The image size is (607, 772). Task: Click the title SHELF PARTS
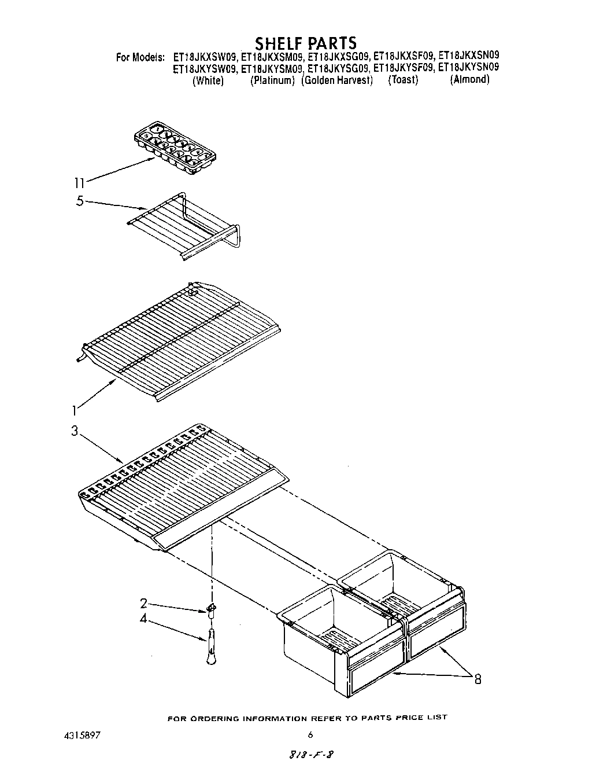[x=306, y=43]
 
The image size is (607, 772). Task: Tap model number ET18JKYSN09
[x=468, y=68]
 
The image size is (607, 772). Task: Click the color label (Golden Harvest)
[x=337, y=80]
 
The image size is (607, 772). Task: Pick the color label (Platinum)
[x=272, y=80]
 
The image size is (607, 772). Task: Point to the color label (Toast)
[x=403, y=80]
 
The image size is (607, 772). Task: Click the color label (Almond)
[x=469, y=80]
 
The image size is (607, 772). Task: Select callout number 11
[x=79, y=183]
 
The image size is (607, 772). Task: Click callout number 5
[x=80, y=202]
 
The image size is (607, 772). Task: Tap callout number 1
[x=74, y=411]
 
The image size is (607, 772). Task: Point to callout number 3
[x=75, y=432]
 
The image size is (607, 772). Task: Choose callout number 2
[x=143, y=603]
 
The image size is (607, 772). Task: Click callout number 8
[x=478, y=679]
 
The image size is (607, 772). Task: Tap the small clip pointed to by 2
[x=212, y=608]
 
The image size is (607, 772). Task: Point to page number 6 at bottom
[x=310, y=734]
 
